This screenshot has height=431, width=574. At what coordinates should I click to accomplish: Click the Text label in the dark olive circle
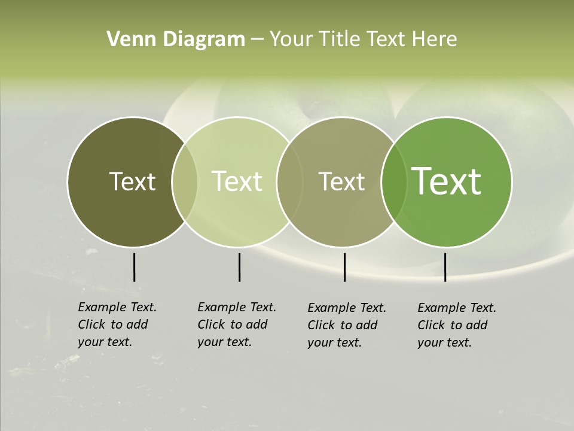tap(132, 181)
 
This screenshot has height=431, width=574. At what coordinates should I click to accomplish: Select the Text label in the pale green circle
tap(237, 181)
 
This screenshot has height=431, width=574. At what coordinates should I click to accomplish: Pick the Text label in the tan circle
tap(341, 181)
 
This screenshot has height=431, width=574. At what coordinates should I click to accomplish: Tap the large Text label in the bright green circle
tap(446, 181)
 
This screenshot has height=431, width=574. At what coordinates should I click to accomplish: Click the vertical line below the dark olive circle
tap(134, 267)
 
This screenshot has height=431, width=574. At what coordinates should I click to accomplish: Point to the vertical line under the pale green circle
tap(239, 267)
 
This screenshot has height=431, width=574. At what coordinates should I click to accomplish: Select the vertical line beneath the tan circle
tap(344, 267)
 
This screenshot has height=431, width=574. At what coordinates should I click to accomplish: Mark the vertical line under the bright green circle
tap(445, 267)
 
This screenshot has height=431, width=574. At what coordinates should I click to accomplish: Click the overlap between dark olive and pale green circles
tap(185, 182)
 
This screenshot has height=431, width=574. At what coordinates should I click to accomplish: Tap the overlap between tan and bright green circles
tap(392, 182)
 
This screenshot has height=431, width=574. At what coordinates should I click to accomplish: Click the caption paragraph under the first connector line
tap(117, 324)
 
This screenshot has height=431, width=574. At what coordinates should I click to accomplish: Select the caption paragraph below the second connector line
tap(237, 324)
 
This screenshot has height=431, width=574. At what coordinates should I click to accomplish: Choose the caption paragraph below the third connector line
tap(347, 325)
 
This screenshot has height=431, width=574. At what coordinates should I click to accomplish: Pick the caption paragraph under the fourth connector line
tap(457, 325)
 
